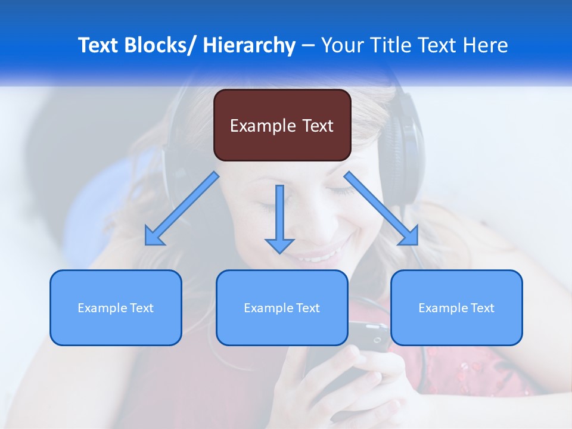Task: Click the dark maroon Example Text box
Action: [282, 125]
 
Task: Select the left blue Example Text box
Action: [116, 307]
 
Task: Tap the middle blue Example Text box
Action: [282, 307]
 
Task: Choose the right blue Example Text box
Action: [456, 307]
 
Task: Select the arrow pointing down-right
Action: [381, 209]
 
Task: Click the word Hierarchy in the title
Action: [249, 46]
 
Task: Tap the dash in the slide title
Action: [308, 46]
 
